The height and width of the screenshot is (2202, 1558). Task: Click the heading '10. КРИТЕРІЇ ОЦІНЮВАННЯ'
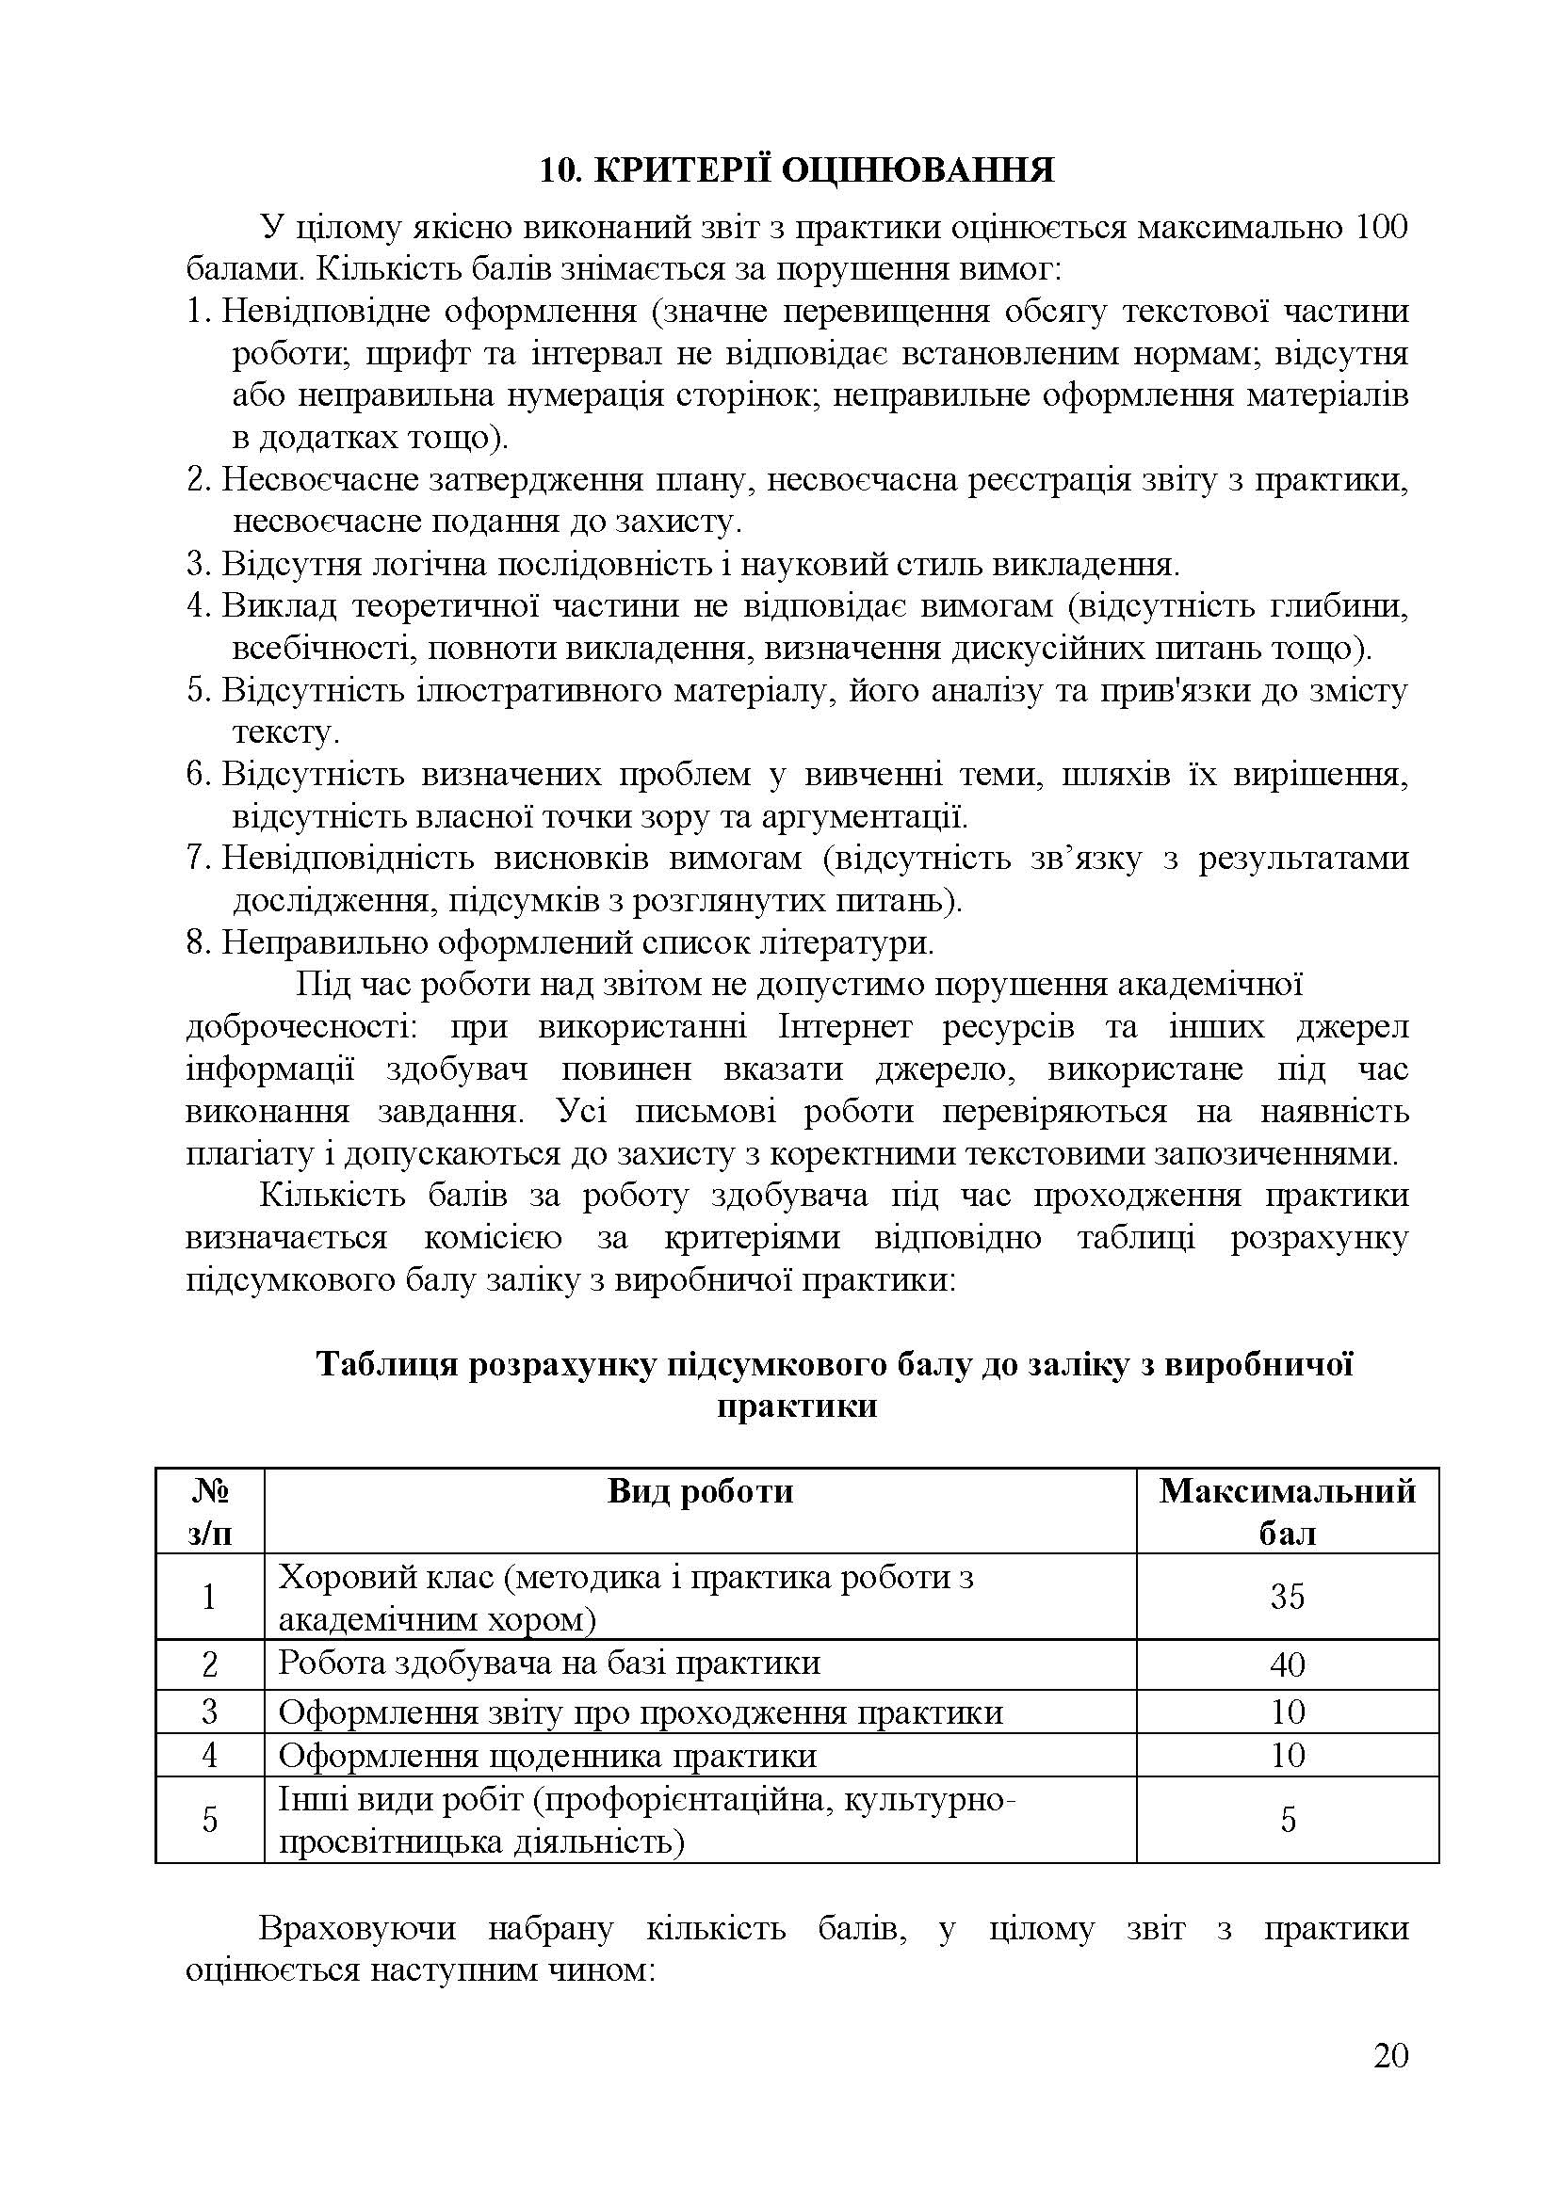[796, 169]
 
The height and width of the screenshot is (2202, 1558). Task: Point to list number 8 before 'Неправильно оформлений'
[197, 942]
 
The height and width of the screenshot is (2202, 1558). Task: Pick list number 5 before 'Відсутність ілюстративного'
[197, 690]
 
